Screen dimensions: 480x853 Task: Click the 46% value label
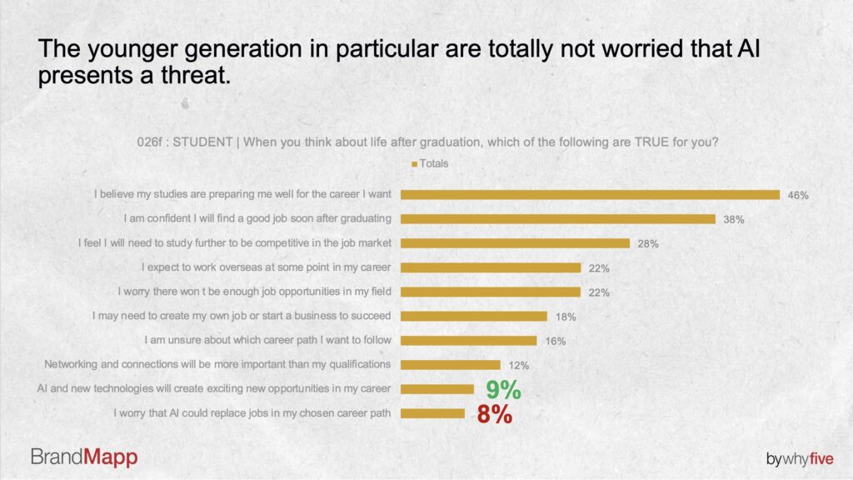(x=798, y=195)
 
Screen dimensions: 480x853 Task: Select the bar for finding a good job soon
(x=558, y=219)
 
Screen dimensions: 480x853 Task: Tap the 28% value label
(x=648, y=243)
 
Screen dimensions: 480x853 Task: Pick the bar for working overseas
(x=491, y=267)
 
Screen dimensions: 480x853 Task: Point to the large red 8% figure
(x=494, y=414)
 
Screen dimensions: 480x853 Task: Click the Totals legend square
(x=414, y=164)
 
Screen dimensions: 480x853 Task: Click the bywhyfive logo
(x=800, y=457)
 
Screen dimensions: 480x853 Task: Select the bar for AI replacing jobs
(x=433, y=413)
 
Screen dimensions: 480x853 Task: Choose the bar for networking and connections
(x=451, y=364)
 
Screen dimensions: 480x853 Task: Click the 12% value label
(x=518, y=365)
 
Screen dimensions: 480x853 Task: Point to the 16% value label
(x=555, y=341)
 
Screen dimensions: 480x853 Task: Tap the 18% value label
(x=566, y=317)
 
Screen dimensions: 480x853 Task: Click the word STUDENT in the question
(x=202, y=142)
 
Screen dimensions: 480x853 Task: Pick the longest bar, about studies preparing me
(x=590, y=195)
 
